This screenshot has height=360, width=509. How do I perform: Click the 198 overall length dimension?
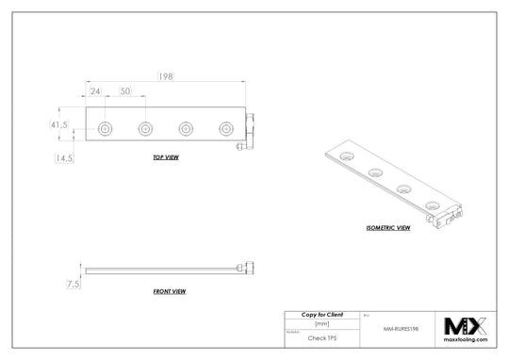tap(165, 74)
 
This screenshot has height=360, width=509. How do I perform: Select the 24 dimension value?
tap(96, 91)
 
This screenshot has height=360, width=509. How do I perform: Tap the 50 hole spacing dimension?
tap(125, 91)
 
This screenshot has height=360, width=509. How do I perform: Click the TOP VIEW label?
tap(166, 157)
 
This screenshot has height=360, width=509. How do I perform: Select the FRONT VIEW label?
tap(170, 292)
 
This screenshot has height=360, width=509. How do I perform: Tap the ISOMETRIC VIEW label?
tap(387, 227)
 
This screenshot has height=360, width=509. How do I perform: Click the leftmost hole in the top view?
tap(106, 128)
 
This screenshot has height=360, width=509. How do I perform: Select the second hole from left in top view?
tap(145, 128)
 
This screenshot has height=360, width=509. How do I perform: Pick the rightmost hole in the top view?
tap(224, 128)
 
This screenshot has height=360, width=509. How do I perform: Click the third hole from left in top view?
tap(185, 128)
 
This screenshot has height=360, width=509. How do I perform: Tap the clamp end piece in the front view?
tap(249, 269)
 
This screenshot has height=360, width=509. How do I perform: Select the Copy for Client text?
tap(321, 313)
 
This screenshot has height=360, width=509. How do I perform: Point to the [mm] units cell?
tap(321, 323)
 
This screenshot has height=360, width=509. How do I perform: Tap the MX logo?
tap(465, 326)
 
